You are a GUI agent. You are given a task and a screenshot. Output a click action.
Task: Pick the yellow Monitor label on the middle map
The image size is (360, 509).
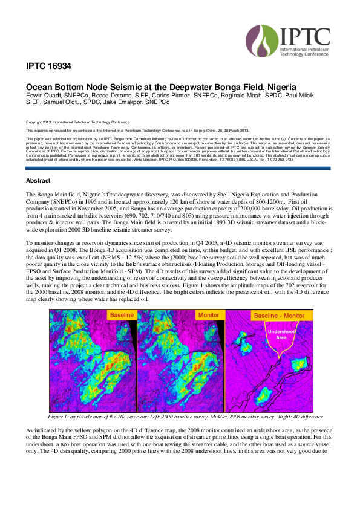(209, 316)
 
